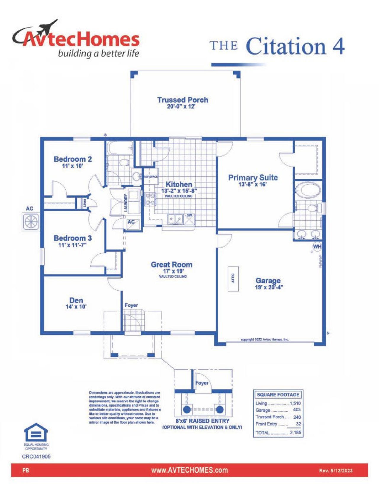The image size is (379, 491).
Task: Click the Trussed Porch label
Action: click(x=182, y=100)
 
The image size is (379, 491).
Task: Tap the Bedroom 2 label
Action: click(x=73, y=159)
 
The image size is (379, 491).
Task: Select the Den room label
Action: click(x=76, y=300)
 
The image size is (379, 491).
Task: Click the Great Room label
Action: click(x=171, y=265)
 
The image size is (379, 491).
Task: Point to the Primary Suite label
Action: click(x=253, y=178)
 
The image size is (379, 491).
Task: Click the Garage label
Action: click(x=268, y=280)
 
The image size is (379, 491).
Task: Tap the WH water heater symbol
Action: click(x=317, y=247)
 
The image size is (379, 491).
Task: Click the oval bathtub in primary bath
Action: click(x=308, y=190)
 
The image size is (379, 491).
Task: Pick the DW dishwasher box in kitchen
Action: click(x=189, y=219)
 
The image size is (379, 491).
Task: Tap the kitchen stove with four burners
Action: click(x=150, y=199)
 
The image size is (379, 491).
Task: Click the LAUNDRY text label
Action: click(x=126, y=203)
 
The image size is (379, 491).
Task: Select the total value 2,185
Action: click(x=295, y=432)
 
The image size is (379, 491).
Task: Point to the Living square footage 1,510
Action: click(x=295, y=403)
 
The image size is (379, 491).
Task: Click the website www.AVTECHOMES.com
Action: click(x=189, y=470)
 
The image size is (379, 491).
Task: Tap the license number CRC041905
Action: click(x=36, y=457)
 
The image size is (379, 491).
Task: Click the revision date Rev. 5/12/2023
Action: click(x=336, y=471)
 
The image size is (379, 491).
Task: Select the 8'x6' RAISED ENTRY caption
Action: click(x=202, y=421)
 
